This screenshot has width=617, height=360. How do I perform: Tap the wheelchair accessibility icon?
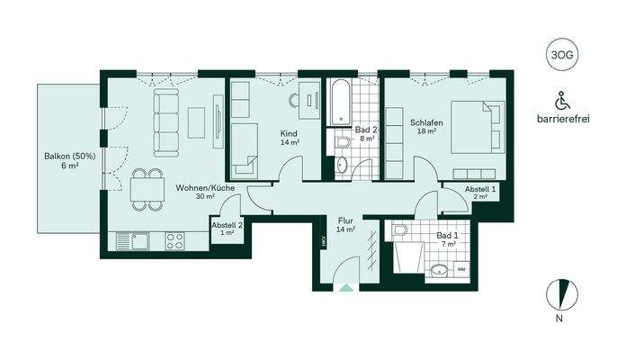click(x=562, y=100)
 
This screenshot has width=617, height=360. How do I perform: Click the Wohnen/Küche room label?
click(x=206, y=190)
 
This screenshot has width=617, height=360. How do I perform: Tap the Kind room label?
click(x=289, y=134)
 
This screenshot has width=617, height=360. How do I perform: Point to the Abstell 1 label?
click(x=479, y=190)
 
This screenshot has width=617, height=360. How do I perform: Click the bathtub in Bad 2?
click(x=339, y=103)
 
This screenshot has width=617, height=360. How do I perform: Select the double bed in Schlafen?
click(x=474, y=126)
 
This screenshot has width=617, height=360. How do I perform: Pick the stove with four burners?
click(x=174, y=240)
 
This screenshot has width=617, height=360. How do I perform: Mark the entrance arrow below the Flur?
click(x=345, y=288)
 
